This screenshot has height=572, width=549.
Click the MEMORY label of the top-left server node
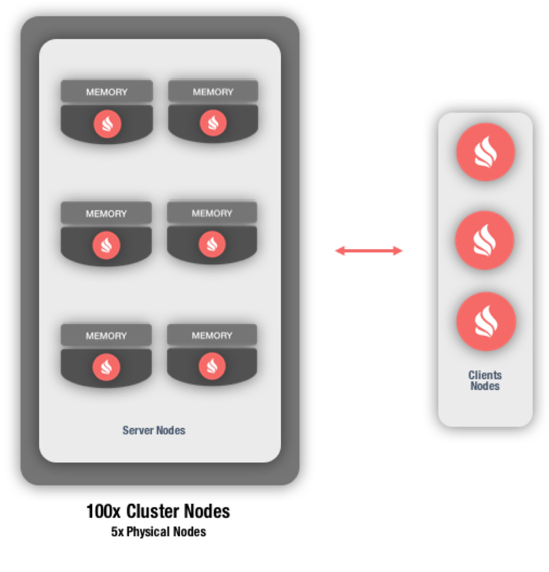(107, 92)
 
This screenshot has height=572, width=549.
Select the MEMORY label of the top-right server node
(213, 92)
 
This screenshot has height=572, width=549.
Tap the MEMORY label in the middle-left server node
(106, 214)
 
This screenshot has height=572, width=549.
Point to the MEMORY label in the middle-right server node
(212, 213)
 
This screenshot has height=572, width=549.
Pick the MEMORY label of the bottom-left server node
(106, 336)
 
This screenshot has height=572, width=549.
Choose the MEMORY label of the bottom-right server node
(212, 335)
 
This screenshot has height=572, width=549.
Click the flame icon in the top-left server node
(107, 124)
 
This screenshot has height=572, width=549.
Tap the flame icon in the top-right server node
(213, 123)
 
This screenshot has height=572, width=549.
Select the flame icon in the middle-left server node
(106, 245)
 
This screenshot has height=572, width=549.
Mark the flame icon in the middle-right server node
(212, 244)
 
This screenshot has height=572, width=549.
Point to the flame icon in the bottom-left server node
(106, 367)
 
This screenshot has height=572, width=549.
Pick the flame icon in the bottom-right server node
(212, 366)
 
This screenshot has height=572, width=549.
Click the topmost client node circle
(485, 152)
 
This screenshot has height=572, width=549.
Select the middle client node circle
(485, 240)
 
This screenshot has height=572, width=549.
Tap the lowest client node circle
(486, 322)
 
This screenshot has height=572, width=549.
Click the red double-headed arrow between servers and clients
(369, 251)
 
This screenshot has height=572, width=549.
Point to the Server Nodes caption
(154, 431)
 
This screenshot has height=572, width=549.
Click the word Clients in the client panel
(485, 375)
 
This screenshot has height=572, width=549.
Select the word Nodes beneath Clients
(485, 386)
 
